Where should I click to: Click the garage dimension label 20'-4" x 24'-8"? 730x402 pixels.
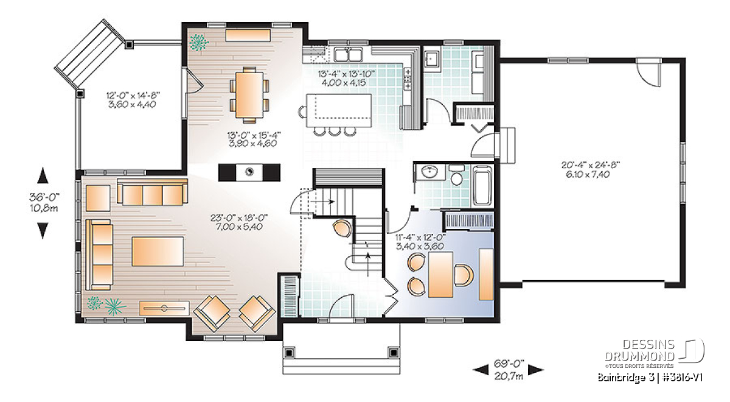[590, 165]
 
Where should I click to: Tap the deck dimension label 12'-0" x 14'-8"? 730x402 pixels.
[133, 95]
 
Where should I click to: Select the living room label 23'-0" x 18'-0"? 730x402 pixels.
[239, 217]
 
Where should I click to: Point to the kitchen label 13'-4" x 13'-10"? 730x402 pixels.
[347, 74]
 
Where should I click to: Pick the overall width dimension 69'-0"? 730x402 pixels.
[509, 363]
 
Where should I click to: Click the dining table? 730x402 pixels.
[249, 94]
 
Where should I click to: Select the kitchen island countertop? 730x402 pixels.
[339, 110]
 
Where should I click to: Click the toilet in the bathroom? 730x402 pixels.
[456, 175]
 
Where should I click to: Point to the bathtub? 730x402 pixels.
[482, 186]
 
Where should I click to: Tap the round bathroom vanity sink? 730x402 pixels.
[430, 172]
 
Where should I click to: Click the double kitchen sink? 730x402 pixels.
[349, 54]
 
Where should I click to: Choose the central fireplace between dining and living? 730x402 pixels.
[249, 172]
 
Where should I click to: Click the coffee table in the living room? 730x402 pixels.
[158, 251]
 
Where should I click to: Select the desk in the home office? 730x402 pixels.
[440, 275]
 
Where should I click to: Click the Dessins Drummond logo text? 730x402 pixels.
[639, 350]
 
